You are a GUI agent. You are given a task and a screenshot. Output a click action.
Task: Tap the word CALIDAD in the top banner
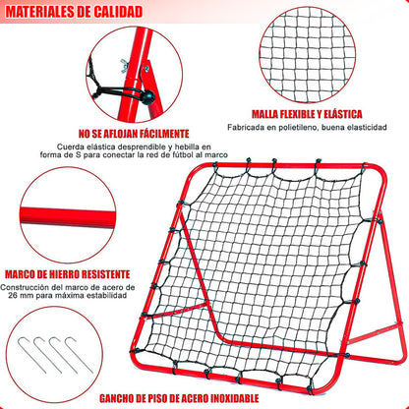pyautogui.click(x=118, y=12)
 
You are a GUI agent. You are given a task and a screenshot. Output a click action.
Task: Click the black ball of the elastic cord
pyautogui.click(x=147, y=96)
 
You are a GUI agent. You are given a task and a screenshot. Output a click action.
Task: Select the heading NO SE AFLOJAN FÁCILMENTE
pyautogui.click(x=134, y=134)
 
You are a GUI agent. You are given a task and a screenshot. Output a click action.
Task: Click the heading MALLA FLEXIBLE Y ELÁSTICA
pyautogui.click(x=307, y=114)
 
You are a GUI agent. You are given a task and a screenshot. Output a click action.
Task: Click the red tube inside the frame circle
pyautogui.click(x=68, y=216)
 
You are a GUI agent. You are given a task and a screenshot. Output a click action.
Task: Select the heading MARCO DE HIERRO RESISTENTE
pyautogui.click(x=68, y=274)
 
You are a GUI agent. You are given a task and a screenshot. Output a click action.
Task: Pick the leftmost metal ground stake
pyautogui.click(x=31, y=355)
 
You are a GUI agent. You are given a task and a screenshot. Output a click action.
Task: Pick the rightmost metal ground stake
pyautogui.click(x=79, y=355)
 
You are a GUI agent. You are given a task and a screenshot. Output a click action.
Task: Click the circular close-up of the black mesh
pyautogui.click(x=307, y=54)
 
